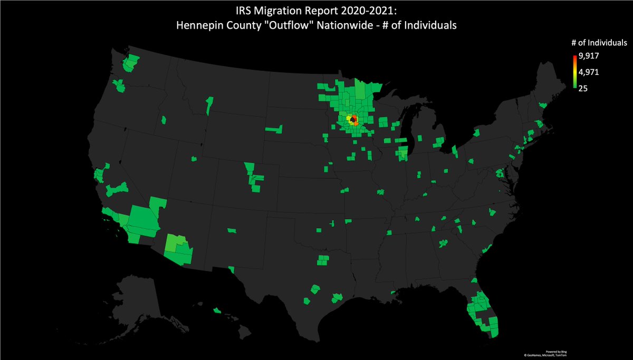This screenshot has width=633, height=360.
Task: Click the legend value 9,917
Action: tap(588, 55)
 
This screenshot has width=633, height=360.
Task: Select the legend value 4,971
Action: tap(588, 72)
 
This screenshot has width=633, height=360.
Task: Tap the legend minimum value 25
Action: tap(583, 88)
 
